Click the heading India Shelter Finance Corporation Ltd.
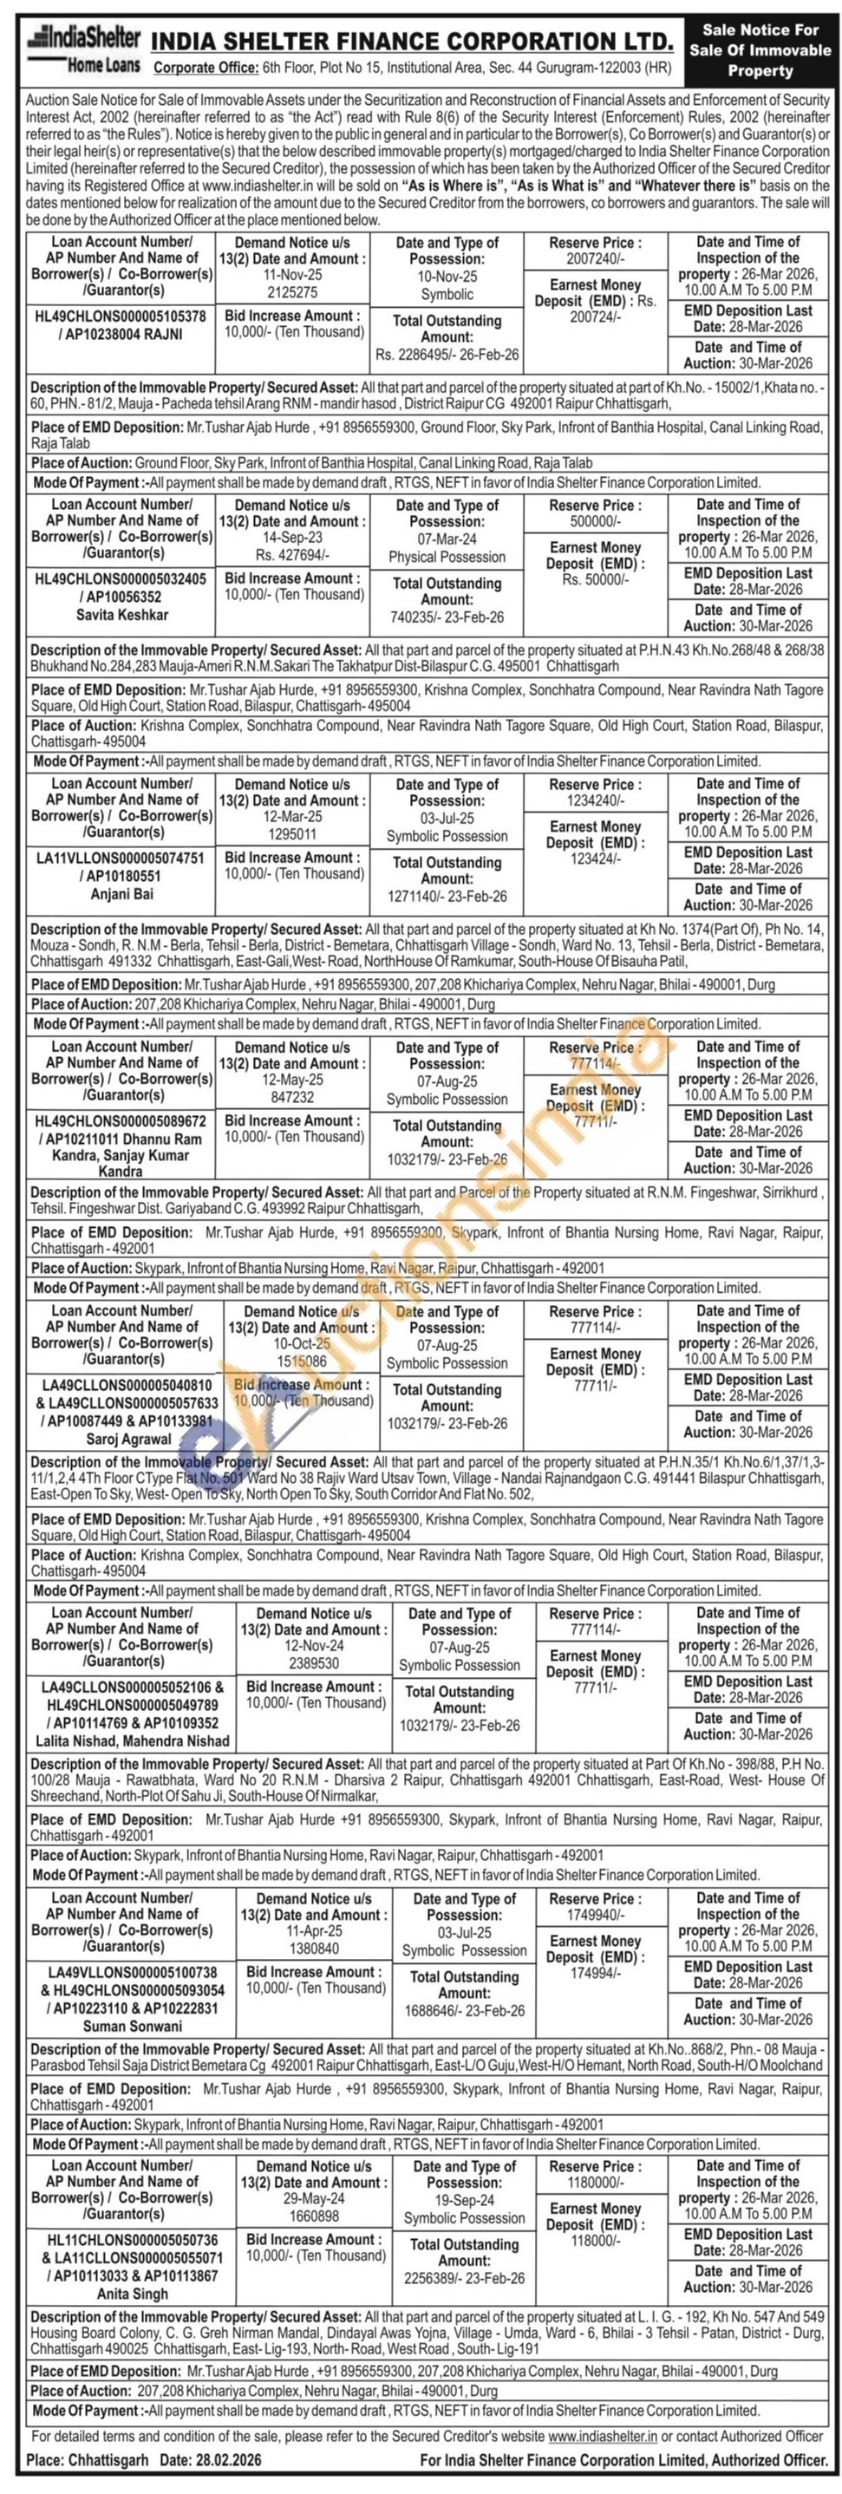click(x=412, y=42)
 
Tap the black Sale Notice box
click(x=760, y=50)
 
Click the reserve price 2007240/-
click(x=594, y=259)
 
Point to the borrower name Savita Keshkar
click(x=122, y=615)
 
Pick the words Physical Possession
click(x=447, y=557)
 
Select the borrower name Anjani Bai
click(x=122, y=893)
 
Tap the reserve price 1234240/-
click(x=594, y=800)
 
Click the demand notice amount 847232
click(x=292, y=1098)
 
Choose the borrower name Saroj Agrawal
click(x=122, y=1439)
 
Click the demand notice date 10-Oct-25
click(x=301, y=1344)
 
